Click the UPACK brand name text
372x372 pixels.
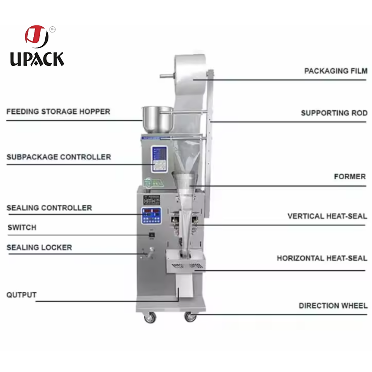point(37,59)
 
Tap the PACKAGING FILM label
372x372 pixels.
point(336,71)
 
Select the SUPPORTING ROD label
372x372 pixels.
point(334,113)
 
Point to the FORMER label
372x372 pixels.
point(350,177)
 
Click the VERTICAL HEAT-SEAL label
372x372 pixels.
point(327,216)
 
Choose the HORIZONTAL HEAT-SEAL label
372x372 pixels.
point(322,258)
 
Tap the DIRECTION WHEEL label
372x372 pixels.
point(333,306)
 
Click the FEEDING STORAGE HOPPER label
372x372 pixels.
point(58,112)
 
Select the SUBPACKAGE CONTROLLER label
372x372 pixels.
point(59,157)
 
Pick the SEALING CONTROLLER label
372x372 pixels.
point(49,208)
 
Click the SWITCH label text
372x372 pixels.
point(22,227)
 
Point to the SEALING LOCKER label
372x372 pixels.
point(39,247)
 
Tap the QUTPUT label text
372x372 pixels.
point(21,295)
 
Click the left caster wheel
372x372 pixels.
point(150,318)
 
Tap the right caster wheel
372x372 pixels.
point(190,317)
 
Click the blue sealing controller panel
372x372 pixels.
point(151,215)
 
